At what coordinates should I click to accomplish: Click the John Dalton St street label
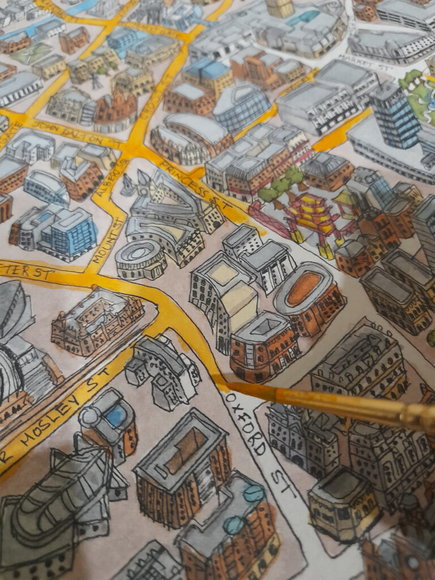76,134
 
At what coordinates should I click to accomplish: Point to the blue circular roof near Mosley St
116,416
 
